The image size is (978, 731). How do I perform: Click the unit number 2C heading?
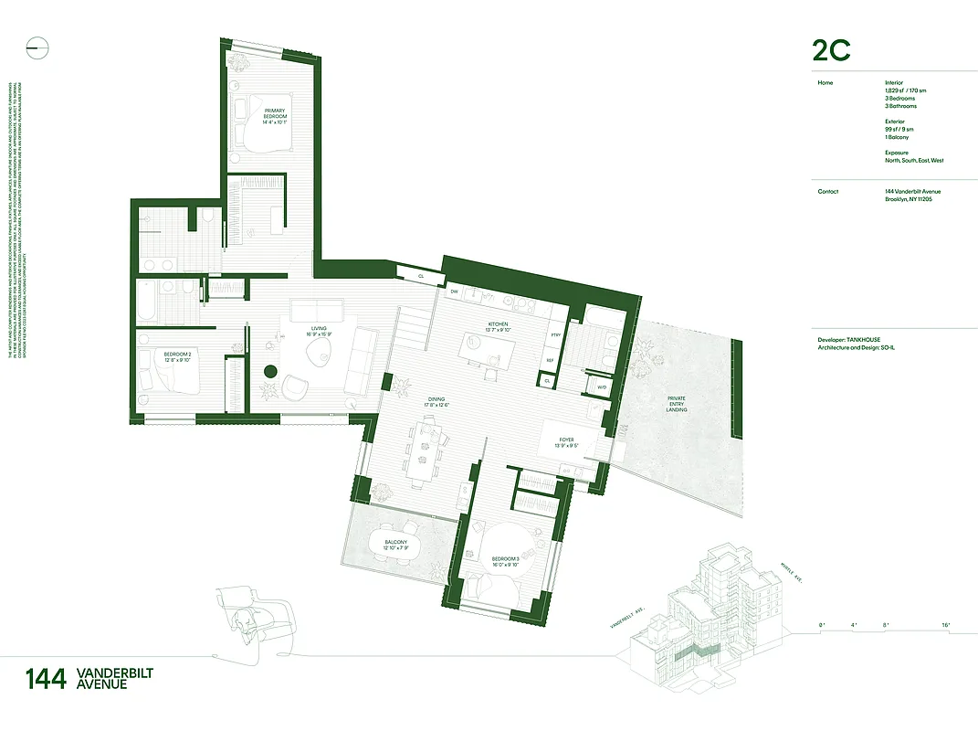(x=831, y=51)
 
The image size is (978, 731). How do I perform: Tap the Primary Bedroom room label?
(x=275, y=114)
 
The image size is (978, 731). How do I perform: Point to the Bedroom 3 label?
(x=504, y=560)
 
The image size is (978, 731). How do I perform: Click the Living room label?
(x=319, y=332)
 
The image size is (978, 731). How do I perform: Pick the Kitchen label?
(x=498, y=326)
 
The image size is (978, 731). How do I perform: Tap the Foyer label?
(x=570, y=444)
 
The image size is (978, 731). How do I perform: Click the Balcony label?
(x=396, y=546)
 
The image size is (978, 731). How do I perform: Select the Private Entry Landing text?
(x=677, y=404)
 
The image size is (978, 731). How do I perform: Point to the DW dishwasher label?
(x=454, y=291)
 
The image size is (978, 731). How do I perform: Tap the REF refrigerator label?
(x=550, y=360)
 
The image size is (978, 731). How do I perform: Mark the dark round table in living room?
(x=270, y=371)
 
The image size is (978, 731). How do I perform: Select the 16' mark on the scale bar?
(x=945, y=625)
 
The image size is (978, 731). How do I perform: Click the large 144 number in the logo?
(x=46, y=679)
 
